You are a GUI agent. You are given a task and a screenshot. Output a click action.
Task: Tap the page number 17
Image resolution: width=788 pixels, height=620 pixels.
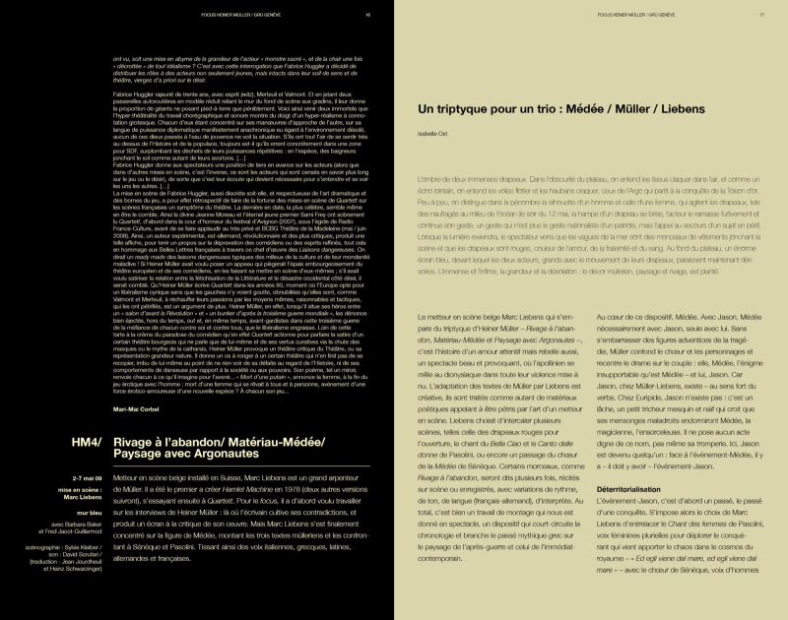[x=761, y=16]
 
